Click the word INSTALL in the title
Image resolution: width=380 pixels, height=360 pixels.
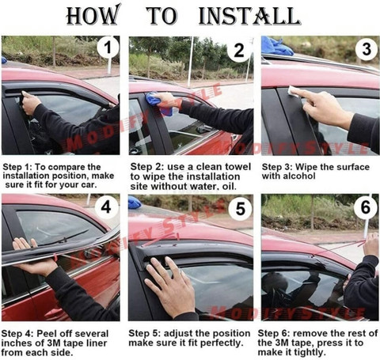pyautogui.click(x=249, y=16)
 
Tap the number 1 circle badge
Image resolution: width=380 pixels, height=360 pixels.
pyautogui.click(x=108, y=47)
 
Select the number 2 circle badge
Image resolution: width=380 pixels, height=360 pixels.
pyautogui.click(x=239, y=50)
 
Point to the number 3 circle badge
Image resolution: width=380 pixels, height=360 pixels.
pyautogui.click(x=367, y=49)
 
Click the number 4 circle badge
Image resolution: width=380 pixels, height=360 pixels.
pyautogui.click(x=106, y=207)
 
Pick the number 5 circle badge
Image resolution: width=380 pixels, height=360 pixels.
pyautogui.click(x=240, y=209)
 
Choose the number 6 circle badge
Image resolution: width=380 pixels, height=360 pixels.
pyautogui.click(x=366, y=207)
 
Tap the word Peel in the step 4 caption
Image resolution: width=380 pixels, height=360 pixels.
pyautogui.click(x=46, y=334)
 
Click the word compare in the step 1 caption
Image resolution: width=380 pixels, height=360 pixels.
pyautogui.click(x=65, y=167)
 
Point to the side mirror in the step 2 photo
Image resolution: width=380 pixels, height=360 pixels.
pyautogui.click(x=203, y=130)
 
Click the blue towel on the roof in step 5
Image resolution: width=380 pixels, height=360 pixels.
pyautogui.click(x=135, y=203)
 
